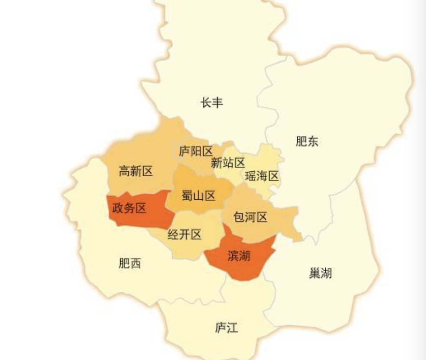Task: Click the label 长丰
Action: point(212,102)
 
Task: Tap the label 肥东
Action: point(307,142)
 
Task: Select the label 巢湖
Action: point(321,274)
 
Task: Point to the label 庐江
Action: point(226,328)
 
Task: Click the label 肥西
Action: point(129,263)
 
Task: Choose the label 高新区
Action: point(136,171)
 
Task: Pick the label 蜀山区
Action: point(198,195)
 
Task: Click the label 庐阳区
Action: point(196,151)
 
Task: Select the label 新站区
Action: point(228,162)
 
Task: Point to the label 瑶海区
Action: point(262,176)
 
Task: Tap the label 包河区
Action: point(250,217)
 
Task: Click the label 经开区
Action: point(184,235)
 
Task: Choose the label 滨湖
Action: point(239,256)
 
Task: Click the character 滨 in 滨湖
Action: point(233,256)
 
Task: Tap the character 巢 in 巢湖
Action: point(315,274)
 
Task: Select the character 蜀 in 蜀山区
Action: point(188,195)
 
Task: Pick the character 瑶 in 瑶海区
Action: point(251,176)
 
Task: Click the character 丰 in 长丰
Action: point(218,102)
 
